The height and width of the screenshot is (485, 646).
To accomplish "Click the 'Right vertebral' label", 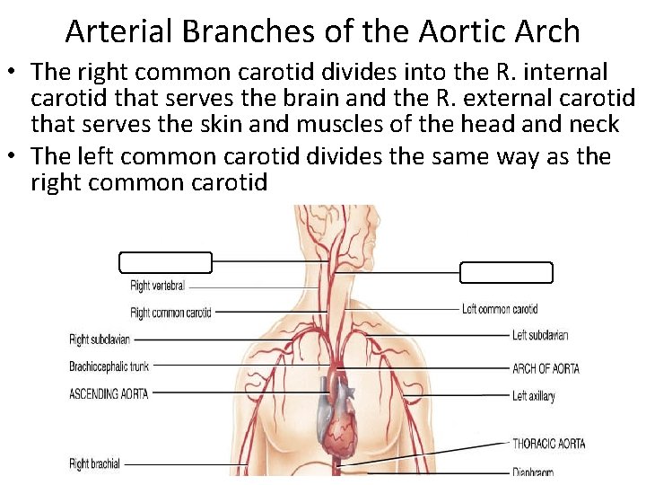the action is (x=158, y=287).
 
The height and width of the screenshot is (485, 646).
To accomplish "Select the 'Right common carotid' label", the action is (x=170, y=313).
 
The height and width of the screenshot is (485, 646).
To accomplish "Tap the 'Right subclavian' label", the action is (x=100, y=339).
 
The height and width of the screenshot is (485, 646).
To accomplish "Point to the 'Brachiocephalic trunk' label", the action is (x=109, y=366).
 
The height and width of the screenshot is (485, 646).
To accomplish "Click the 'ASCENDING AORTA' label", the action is (x=109, y=393).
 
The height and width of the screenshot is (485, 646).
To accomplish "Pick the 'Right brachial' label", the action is (x=94, y=464).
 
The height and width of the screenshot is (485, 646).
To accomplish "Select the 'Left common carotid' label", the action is (x=500, y=309).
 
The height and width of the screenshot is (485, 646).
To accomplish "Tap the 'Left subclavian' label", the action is (x=540, y=336).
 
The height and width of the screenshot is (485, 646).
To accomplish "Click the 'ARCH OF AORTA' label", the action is (x=546, y=368).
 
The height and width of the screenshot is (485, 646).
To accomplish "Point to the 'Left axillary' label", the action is (x=534, y=396).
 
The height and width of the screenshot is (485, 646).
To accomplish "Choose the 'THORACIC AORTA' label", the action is (x=548, y=444).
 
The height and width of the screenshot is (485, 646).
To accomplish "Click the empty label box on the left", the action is (x=166, y=262).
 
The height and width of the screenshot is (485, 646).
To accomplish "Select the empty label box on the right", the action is (x=506, y=272).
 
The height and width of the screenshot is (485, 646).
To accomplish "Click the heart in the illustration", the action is (x=340, y=422).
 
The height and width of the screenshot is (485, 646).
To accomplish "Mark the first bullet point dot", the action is (x=14, y=72).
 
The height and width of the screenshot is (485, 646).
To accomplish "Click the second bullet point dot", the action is (x=14, y=157).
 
